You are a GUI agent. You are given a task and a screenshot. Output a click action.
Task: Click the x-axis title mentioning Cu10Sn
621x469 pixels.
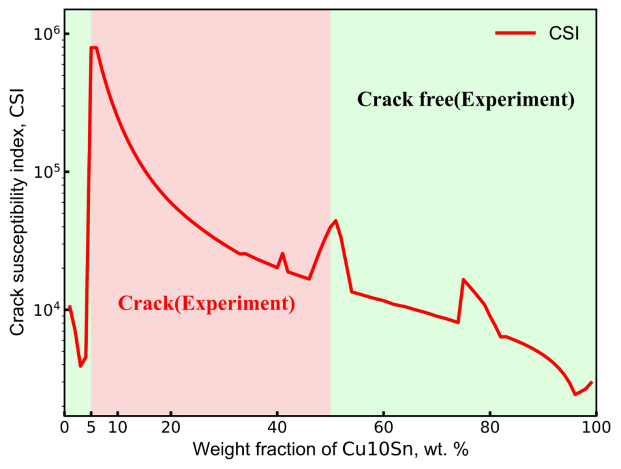331,450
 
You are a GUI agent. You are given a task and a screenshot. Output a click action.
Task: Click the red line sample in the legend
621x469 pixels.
515,33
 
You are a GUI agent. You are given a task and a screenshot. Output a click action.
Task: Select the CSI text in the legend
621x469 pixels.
560,33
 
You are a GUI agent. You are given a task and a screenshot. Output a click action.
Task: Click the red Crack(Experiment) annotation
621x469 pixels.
206,303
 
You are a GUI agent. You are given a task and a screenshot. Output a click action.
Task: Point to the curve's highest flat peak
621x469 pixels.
93,47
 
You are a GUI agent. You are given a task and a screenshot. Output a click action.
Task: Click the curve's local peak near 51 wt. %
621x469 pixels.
336,220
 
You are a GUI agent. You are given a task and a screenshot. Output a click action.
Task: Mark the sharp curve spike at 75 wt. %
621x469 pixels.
464,279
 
